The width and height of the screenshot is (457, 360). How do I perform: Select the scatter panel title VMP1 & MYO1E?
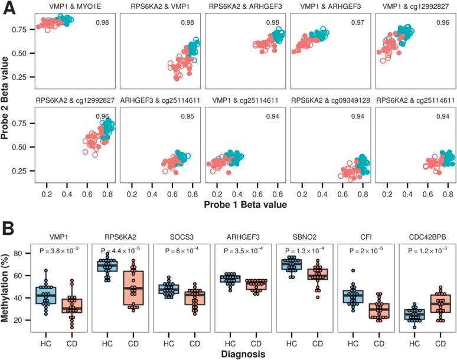click(x=64, y=6)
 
